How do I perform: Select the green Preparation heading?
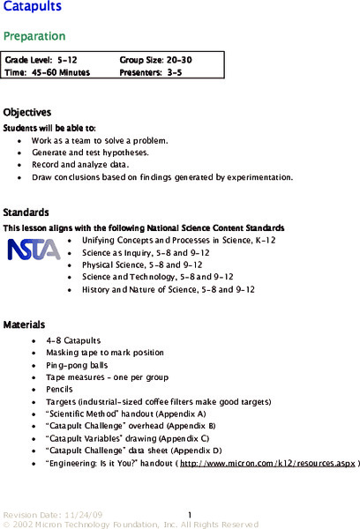click(34, 36)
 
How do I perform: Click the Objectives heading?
click(27, 113)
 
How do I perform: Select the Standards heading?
click(26, 212)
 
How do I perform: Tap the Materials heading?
click(24, 324)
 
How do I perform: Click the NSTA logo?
click(34, 250)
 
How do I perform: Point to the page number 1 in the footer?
click(190, 513)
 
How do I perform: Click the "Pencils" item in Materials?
click(60, 389)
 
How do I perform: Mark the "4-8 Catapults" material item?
click(73, 340)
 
